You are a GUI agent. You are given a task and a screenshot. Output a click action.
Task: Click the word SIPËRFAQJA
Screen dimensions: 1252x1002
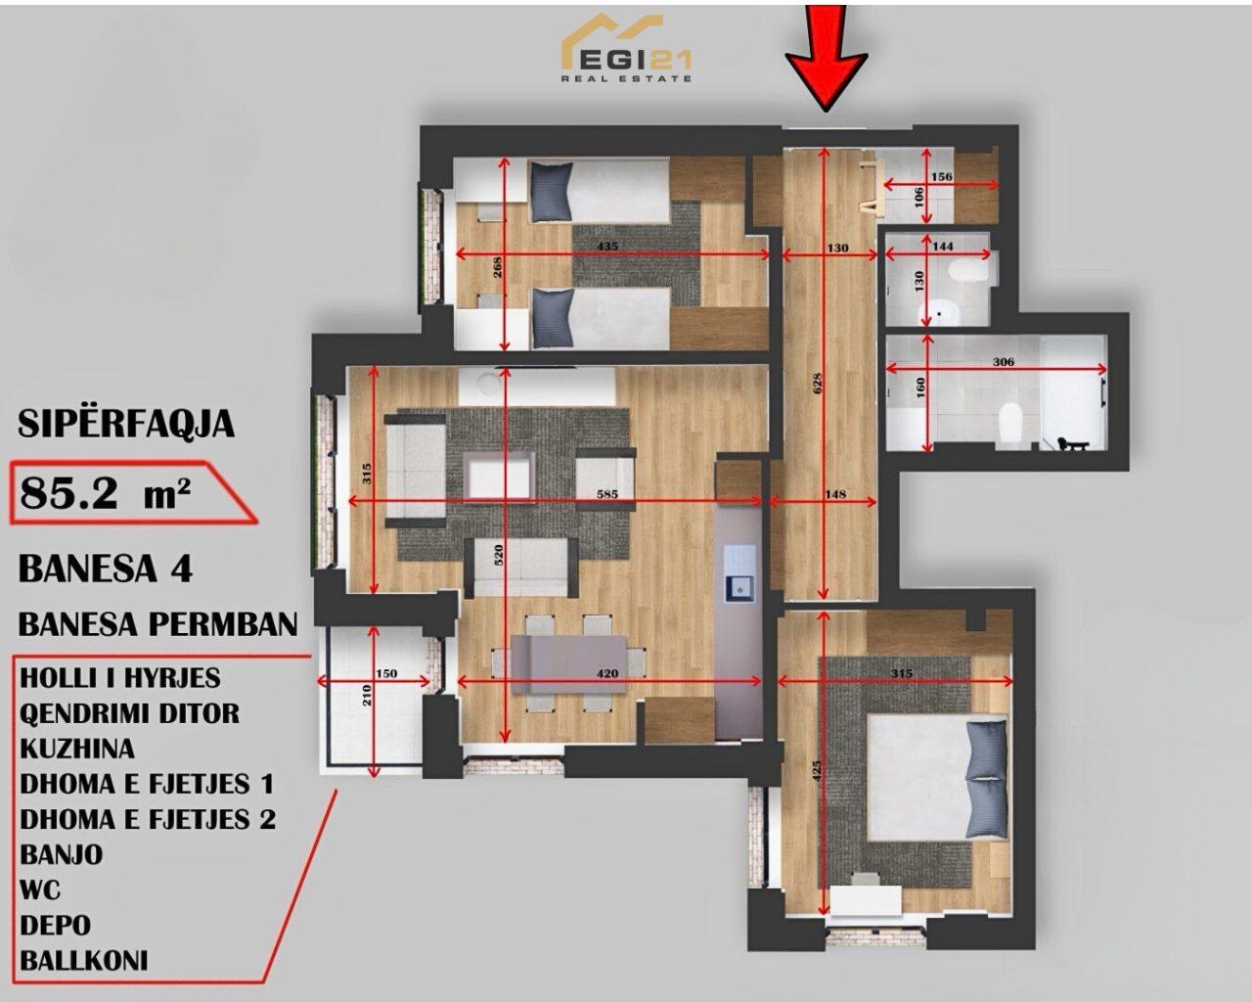point(126,424)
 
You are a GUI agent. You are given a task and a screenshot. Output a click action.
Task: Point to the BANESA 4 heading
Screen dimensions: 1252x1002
point(106,569)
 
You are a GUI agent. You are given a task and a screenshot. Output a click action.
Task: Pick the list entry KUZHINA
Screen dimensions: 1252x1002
point(77,749)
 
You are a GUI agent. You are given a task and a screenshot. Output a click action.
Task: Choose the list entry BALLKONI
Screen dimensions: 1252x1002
point(84,961)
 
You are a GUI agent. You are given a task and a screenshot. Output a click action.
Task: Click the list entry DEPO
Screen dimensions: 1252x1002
point(56,925)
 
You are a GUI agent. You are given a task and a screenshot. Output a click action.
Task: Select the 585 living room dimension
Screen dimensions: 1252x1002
point(607,494)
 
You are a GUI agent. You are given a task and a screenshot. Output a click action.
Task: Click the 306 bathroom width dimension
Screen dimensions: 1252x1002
point(1003,362)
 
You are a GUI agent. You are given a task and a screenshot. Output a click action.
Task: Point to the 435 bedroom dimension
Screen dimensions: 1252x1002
point(607,247)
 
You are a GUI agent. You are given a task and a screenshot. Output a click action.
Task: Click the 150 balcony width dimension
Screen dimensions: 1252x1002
point(386,673)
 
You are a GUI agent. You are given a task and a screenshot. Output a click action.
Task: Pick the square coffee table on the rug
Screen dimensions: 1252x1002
point(501,477)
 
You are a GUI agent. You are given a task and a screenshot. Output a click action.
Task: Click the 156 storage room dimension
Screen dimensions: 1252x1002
point(942,176)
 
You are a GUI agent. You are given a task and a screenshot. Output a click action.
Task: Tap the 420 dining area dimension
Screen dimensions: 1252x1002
point(607,673)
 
